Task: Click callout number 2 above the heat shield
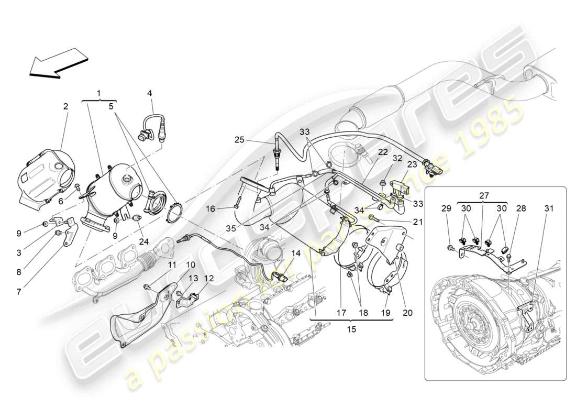65,106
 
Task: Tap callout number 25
239,140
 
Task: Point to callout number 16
210,208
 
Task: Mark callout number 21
417,222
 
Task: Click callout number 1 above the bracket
99,93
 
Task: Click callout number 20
407,313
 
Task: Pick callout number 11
172,264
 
